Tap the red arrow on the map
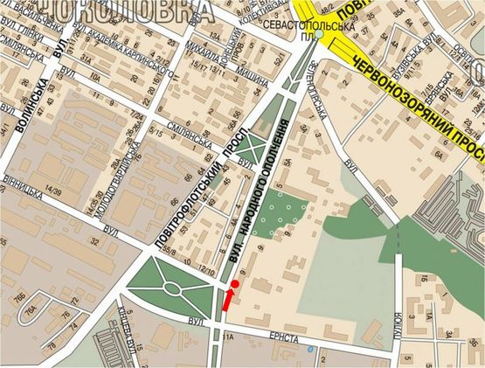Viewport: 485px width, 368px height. pos(229,300)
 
